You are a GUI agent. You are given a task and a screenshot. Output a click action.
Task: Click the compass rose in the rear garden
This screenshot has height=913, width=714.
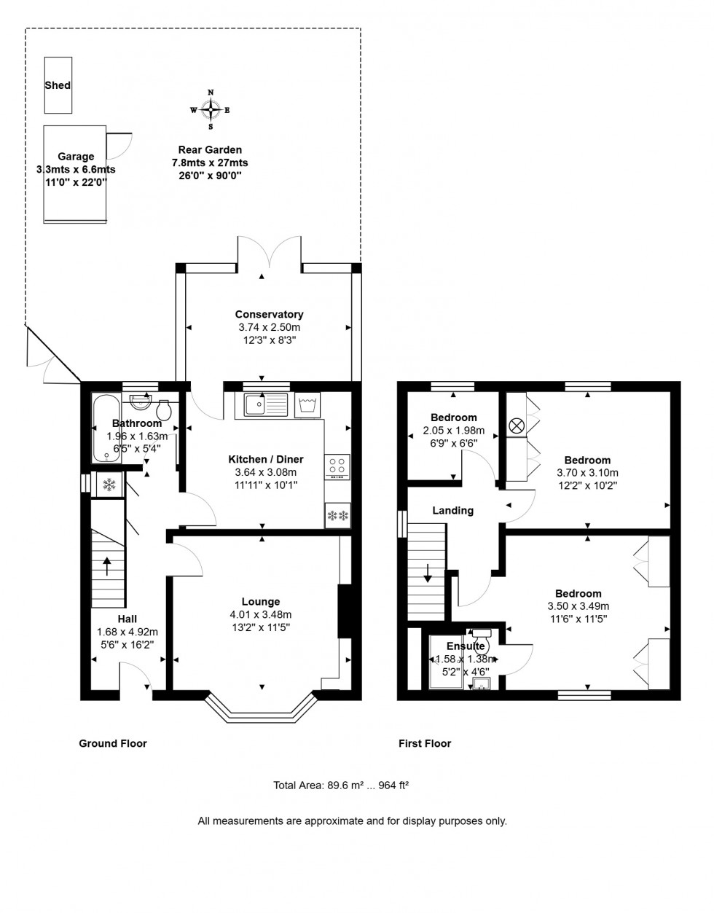point(211,111)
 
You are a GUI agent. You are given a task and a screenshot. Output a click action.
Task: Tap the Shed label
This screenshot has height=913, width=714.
point(58,85)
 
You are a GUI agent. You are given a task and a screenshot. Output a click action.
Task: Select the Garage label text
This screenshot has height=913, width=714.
point(76,157)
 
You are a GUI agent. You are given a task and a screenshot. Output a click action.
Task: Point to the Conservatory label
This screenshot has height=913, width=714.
point(269,315)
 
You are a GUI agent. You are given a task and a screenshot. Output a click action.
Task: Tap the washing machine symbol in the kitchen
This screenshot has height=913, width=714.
point(307,405)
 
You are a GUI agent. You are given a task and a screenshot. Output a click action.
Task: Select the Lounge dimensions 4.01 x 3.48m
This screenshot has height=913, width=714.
point(260,615)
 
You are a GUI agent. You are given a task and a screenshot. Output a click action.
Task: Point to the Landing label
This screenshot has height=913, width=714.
point(452,511)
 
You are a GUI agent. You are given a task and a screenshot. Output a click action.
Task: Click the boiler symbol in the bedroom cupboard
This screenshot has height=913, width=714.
point(517,425)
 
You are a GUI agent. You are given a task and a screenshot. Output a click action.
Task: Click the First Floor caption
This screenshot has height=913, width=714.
point(424,744)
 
